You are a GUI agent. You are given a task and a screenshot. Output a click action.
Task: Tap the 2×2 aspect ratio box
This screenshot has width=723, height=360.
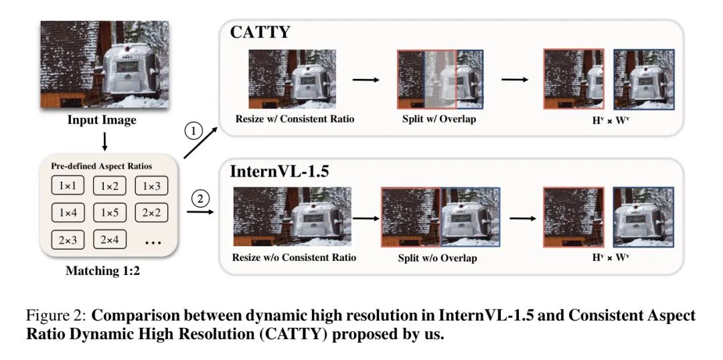(x=150, y=213)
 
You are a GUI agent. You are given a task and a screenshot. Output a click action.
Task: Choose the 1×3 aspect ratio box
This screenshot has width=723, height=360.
(x=150, y=186)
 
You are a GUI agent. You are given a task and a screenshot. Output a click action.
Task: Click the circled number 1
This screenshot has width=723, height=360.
(x=194, y=130)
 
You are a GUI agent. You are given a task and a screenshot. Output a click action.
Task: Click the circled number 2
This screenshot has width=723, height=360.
(x=199, y=198)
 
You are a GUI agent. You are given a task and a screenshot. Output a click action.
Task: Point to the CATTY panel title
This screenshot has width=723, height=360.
(x=260, y=32)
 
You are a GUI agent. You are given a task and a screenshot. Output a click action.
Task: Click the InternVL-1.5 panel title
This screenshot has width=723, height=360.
(x=280, y=171)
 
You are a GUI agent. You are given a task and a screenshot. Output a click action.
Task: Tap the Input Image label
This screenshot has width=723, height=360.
(x=101, y=120)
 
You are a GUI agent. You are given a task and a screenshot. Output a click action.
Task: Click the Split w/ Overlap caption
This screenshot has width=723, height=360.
(x=439, y=119)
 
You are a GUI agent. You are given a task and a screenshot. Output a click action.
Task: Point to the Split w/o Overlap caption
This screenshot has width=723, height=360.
(x=438, y=258)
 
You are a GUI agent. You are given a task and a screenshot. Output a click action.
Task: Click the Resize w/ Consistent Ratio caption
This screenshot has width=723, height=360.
(x=295, y=119)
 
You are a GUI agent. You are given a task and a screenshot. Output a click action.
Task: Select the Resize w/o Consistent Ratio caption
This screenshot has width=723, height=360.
(x=295, y=257)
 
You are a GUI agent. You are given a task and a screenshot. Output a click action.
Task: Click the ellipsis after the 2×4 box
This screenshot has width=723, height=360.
(x=153, y=242)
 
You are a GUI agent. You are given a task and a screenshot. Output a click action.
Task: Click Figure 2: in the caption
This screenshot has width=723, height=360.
(x=56, y=315)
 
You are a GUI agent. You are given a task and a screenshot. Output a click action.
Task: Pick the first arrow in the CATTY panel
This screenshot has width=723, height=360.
(x=366, y=80)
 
